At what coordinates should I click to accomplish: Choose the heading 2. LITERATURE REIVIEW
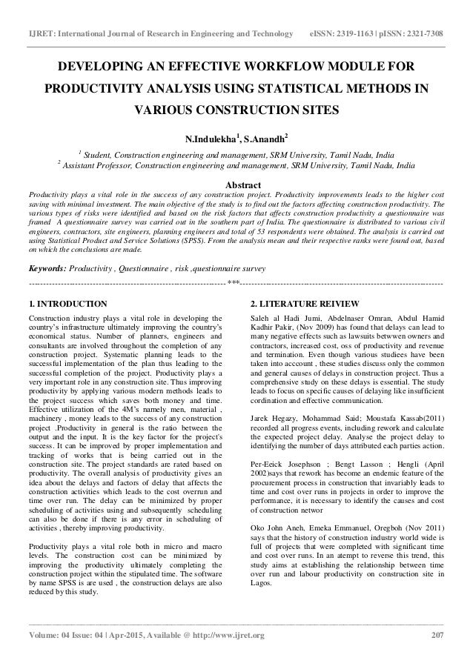tap(305, 304)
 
